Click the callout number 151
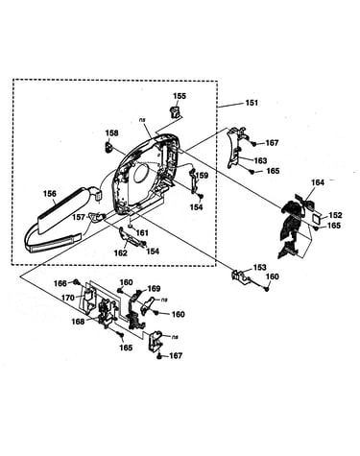(x=252, y=103)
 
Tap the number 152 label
(x=335, y=215)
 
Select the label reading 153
(x=260, y=267)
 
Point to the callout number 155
(x=180, y=96)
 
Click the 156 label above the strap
(x=50, y=194)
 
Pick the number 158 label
(x=111, y=132)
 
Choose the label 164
(x=318, y=182)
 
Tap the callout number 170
(x=68, y=298)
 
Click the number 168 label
(x=78, y=322)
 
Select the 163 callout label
(x=260, y=160)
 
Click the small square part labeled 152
(x=316, y=220)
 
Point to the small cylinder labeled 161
(x=130, y=227)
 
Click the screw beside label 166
(x=77, y=282)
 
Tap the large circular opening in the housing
(x=141, y=174)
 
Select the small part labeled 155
(x=175, y=112)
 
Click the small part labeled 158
(x=109, y=146)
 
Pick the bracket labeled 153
(x=241, y=276)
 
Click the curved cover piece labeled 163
(x=235, y=147)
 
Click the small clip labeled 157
(x=97, y=217)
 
